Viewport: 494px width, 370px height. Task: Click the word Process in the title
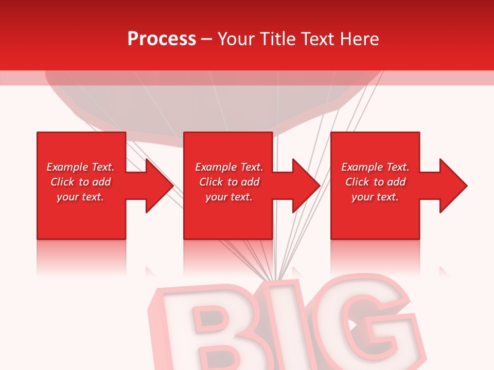pos(162,39)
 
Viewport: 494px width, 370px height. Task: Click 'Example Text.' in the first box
pos(80,167)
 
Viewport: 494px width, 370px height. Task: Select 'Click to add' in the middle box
pos(229,182)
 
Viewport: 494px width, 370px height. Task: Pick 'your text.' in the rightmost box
pos(375,197)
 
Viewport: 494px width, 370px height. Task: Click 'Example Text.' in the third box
pos(375,167)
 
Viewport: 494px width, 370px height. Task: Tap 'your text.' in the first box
pos(80,197)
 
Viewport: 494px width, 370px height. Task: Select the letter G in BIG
pos(360,324)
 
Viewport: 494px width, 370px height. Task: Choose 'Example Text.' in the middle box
pos(229,167)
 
